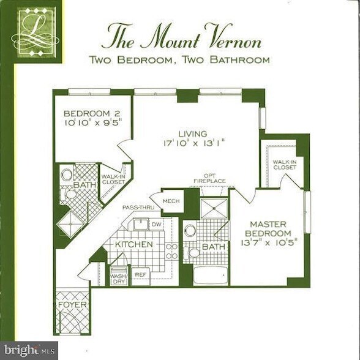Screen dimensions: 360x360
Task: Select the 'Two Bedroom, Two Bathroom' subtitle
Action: click(x=179, y=60)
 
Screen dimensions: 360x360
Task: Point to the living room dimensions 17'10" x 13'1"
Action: click(x=194, y=144)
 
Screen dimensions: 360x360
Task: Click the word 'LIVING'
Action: click(x=193, y=133)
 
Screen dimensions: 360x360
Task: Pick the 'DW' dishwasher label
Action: click(x=156, y=225)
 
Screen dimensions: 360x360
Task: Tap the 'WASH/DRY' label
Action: click(x=118, y=278)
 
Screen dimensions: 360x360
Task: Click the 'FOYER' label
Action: click(x=72, y=304)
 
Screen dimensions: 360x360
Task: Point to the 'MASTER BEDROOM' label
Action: click(x=267, y=229)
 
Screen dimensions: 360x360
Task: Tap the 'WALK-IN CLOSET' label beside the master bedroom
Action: click(x=285, y=164)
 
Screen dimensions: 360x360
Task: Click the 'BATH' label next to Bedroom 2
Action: click(x=81, y=185)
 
